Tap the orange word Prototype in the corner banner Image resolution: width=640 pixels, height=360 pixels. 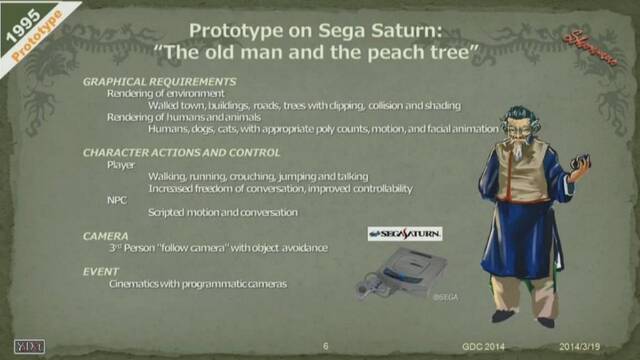[x=36, y=38]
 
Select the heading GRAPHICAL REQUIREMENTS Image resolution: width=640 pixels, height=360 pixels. [x=159, y=81]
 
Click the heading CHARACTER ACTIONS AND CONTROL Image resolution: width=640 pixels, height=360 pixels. [x=181, y=152]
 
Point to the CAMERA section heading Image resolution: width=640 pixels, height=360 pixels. [x=105, y=235]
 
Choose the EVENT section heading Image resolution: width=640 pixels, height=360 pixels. [x=101, y=271]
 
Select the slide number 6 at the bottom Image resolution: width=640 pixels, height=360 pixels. [x=326, y=347]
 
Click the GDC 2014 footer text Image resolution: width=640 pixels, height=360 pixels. [x=483, y=347]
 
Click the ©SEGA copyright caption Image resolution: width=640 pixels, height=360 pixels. [x=445, y=298]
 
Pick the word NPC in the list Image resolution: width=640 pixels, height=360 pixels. [x=117, y=199]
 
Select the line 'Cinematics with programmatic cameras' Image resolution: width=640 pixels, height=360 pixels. [x=198, y=284]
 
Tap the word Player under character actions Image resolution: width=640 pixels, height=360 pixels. [x=120, y=165]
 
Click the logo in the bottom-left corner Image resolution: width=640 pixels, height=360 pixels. [x=30, y=346]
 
